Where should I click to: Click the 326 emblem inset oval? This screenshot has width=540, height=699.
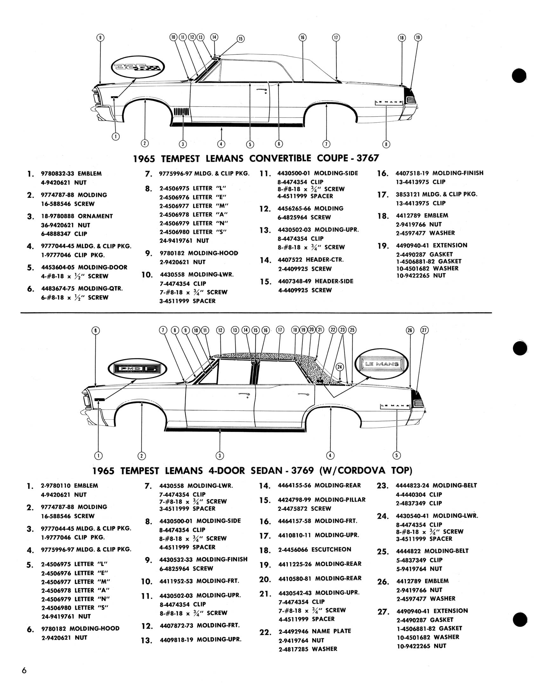pos(138,67)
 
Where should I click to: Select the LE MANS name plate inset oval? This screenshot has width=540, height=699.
pos(381,364)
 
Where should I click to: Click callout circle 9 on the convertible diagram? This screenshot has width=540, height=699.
pos(100,37)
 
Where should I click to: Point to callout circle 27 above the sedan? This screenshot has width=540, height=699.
pos(424,330)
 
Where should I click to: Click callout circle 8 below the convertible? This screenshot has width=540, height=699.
pos(386,144)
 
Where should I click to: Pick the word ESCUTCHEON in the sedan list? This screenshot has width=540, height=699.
pos(331,549)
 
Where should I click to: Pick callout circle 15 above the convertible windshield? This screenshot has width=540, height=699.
pos(240,39)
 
